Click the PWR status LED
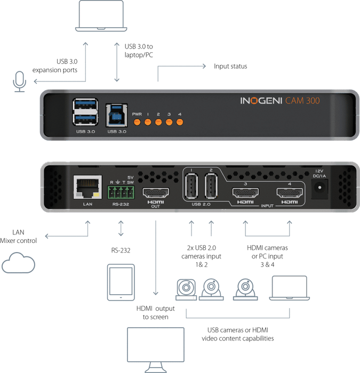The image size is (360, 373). pos(137,123)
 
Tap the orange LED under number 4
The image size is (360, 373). pos(180,123)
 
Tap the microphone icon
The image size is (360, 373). pos(19,79)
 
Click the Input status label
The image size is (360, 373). pos(230,67)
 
